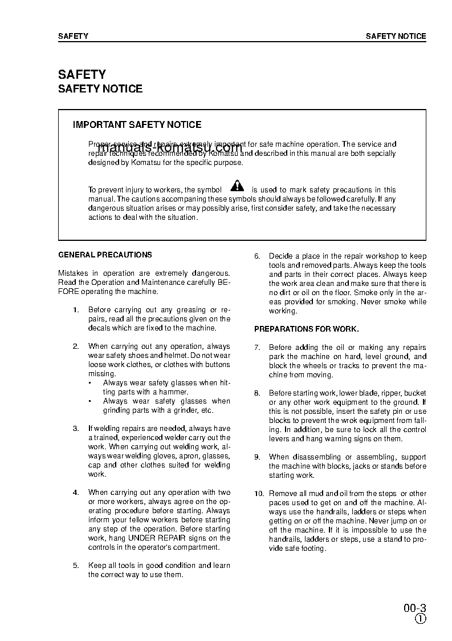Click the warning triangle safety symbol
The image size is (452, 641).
(x=237, y=186)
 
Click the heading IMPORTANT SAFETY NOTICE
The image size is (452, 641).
(x=137, y=124)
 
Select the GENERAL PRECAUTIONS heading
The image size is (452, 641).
(x=105, y=255)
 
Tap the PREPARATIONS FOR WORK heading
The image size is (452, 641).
(x=306, y=329)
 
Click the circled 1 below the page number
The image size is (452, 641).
(x=420, y=619)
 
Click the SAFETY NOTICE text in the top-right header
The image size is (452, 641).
(x=396, y=36)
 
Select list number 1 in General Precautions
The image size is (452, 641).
(x=76, y=310)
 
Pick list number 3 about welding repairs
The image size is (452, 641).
(x=76, y=429)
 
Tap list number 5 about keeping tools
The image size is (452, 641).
(x=76, y=566)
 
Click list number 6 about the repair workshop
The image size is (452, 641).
(x=257, y=256)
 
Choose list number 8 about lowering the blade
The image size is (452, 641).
(x=257, y=393)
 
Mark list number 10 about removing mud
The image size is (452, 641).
(x=259, y=494)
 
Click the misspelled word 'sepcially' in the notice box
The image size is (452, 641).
(x=380, y=154)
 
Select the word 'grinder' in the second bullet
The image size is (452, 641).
(x=182, y=410)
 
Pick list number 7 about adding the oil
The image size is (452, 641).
(x=257, y=348)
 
